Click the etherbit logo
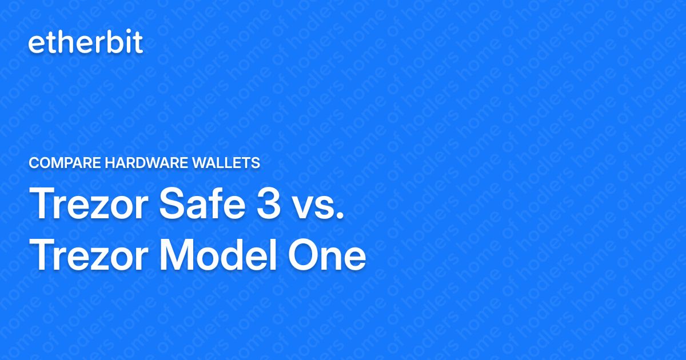(x=86, y=43)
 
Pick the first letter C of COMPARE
(x=34, y=163)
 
